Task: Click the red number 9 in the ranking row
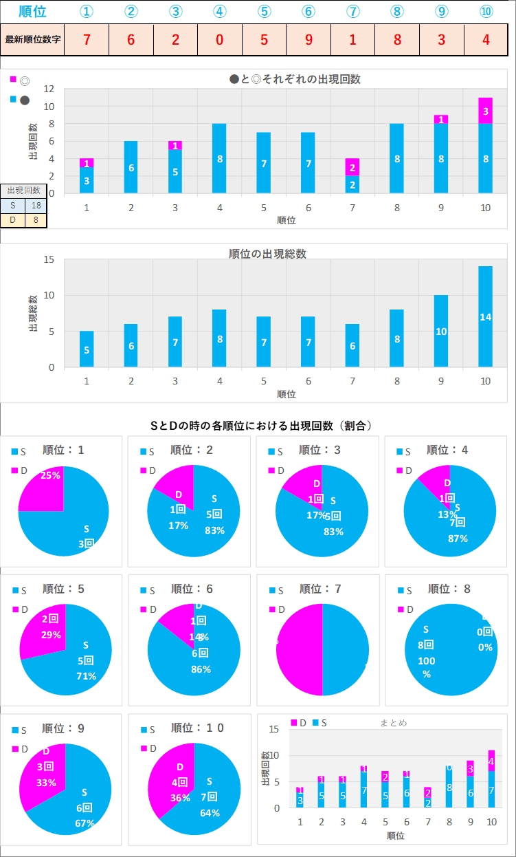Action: click(x=308, y=39)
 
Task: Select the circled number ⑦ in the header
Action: click(x=352, y=12)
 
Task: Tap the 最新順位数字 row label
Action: click(x=33, y=39)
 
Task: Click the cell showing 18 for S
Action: click(x=36, y=206)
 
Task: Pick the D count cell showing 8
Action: click(x=36, y=220)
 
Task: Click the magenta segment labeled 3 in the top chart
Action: click(x=485, y=111)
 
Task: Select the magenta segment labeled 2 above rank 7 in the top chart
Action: click(x=352, y=167)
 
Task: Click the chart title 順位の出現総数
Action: click(x=267, y=254)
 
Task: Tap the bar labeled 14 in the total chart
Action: click(x=485, y=317)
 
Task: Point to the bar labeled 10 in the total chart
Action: click(x=441, y=332)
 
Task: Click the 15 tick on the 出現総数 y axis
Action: click(x=49, y=260)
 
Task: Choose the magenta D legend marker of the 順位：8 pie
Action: click(x=402, y=609)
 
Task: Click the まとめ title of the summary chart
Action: click(x=394, y=723)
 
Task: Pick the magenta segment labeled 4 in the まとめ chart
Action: click(x=491, y=761)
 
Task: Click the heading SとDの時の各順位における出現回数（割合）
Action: click(x=261, y=426)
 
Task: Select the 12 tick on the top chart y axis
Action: click(x=49, y=89)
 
